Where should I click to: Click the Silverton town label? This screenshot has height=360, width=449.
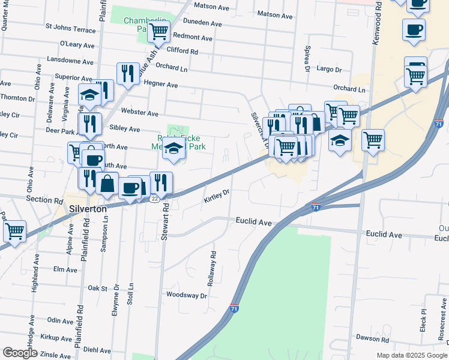pyautogui.click(x=88, y=209)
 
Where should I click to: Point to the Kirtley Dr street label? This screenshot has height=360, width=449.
pyautogui.click(x=217, y=196)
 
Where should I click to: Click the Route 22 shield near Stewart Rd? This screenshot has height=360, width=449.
pyautogui.click(x=154, y=198)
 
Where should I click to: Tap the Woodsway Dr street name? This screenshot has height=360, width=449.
pyautogui.click(x=186, y=295)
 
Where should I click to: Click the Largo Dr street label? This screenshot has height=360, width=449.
pyautogui.click(x=329, y=69)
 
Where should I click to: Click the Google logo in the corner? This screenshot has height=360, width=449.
pyautogui.click(x=20, y=353)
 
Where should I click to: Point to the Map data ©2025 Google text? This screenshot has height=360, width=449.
pyautogui.click(x=412, y=355)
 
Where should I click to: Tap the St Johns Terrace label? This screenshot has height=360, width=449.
pyautogui.click(x=70, y=28)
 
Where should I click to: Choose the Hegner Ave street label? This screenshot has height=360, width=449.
pyautogui.click(x=161, y=85)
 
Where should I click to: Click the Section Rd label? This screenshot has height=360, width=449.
pyautogui.click(x=44, y=199)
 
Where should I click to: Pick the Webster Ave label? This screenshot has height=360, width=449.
pyautogui.click(x=139, y=113)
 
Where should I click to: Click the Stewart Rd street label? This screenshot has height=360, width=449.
pyautogui.click(x=163, y=221)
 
